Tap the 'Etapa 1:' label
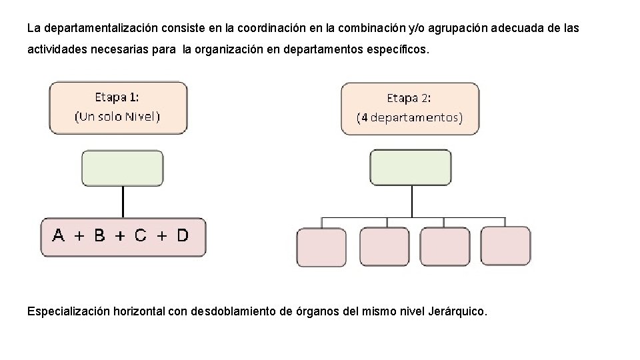tap(117, 97)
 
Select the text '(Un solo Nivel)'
tap(117, 117)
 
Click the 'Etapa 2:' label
tap(409, 98)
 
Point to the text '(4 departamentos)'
tap(409, 118)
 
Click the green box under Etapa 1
tap(122, 168)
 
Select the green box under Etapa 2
tap(411, 167)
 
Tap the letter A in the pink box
tap(59, 235)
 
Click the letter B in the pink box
tap(99, 235)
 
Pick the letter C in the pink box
tap(140, 235)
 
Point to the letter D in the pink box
tap(182, 235)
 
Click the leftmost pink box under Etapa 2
tap(321, 247)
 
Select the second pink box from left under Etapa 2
tap(384, 247)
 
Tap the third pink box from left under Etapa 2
tap(444, 247)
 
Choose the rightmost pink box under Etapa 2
tap(505, 246)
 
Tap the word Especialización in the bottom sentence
tap(68, 311)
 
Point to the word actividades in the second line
tap(57, 50)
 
